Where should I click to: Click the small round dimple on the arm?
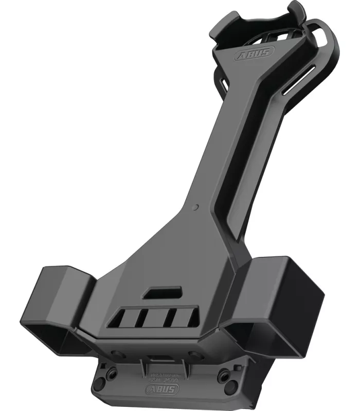click(x=195, y=207)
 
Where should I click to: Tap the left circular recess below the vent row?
click(x=116, y=354)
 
